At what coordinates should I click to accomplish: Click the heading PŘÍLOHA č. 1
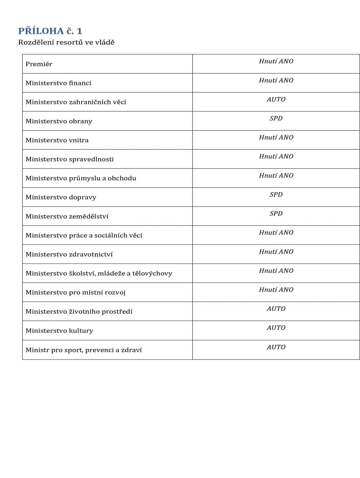(50, 31)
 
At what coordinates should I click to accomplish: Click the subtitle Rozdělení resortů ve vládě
(66, 42)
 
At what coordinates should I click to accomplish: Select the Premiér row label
(39, 64)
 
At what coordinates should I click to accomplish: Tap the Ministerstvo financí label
(58, 83)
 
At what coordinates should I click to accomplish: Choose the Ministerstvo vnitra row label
(57, 140)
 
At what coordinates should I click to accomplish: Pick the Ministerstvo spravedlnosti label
(69, 159)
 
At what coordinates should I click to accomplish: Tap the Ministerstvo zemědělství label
(67, 216)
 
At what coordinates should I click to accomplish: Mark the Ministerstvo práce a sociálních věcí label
(84, 235)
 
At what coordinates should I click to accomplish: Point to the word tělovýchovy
(152, 274)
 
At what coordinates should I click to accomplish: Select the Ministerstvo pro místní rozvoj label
(75, 292)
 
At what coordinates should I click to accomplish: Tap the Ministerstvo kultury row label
(59, 331)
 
